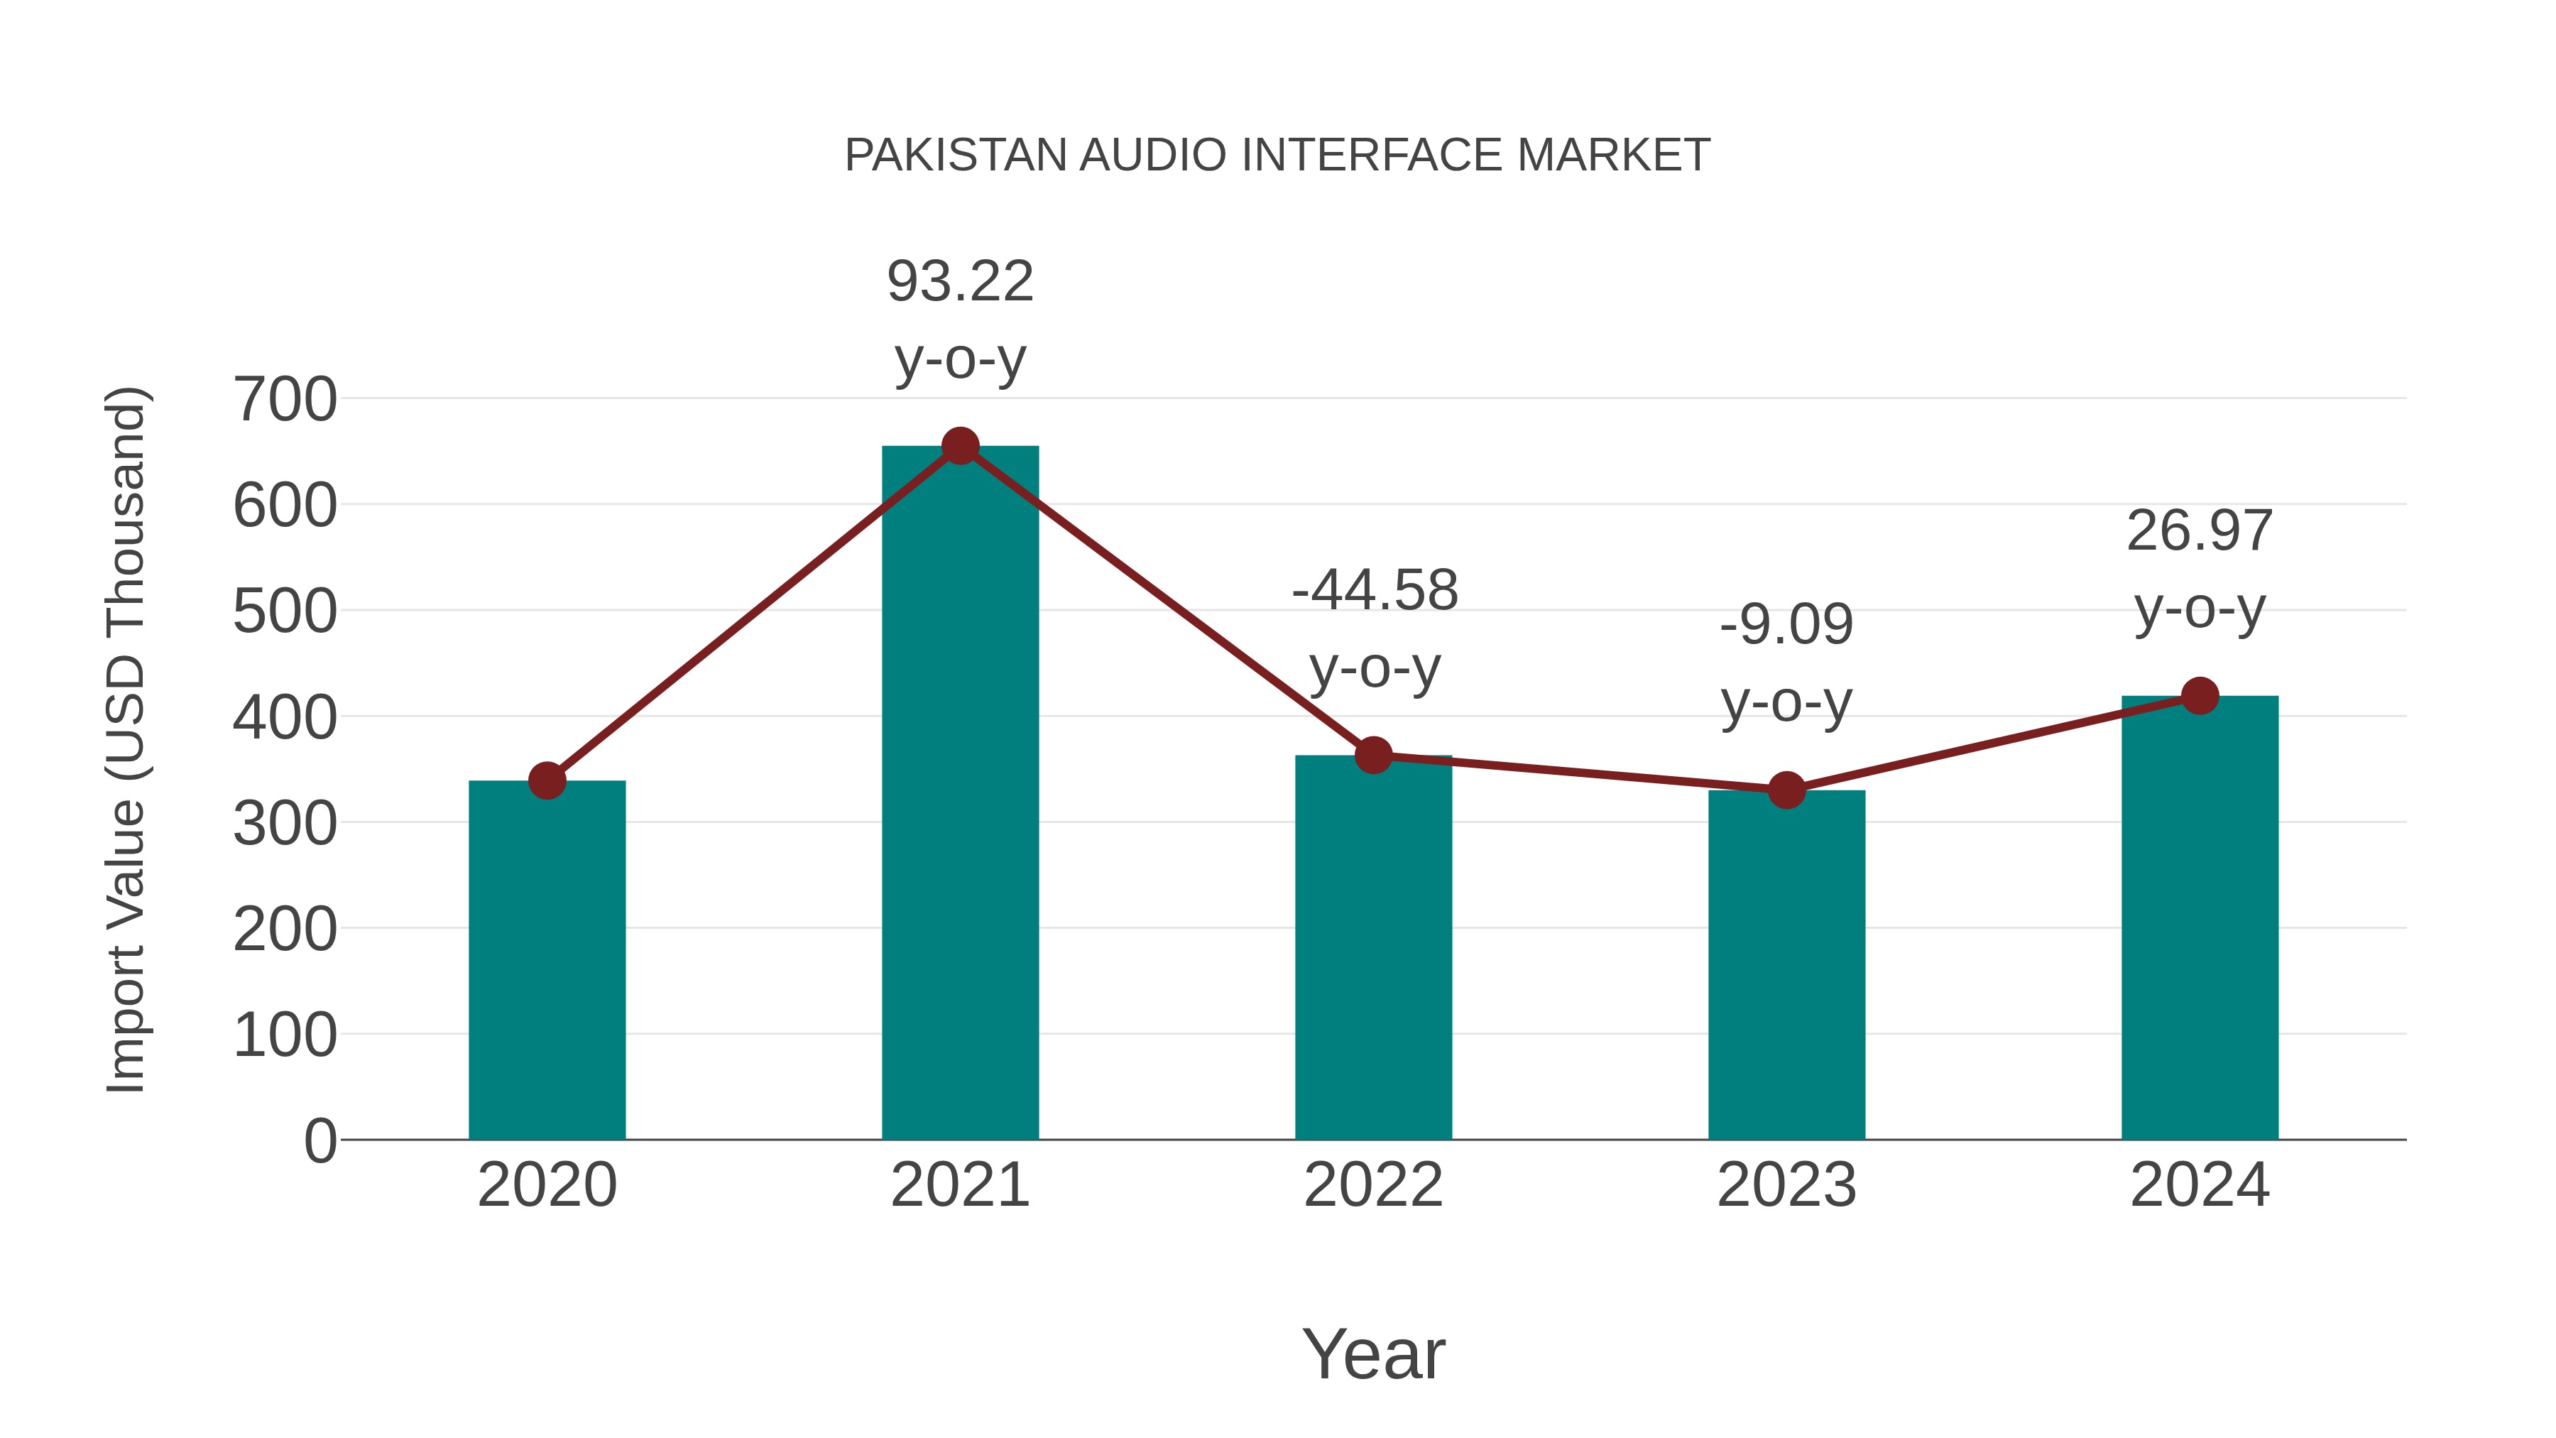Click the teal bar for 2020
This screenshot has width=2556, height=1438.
[547, 963]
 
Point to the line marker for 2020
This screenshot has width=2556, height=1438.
[547, 781]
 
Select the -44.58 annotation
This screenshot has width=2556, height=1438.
[1375, 591]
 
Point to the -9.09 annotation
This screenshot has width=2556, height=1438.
[1786, 625]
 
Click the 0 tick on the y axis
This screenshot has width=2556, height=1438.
[319, 1141]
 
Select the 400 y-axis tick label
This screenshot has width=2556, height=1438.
[285, 719]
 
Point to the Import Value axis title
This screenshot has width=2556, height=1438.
[127, 739]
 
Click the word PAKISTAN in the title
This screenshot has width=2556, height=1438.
[958, 156]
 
